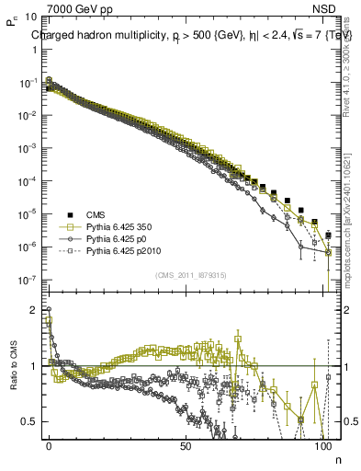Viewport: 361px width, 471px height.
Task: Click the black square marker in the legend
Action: (67, 211)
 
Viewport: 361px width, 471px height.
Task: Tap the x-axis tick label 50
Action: (186, 445)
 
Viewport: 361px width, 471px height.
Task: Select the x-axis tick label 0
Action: (49, 445)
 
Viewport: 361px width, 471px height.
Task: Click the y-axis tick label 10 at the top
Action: (31, 17)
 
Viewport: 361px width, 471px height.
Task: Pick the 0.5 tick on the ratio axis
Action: (29, 421)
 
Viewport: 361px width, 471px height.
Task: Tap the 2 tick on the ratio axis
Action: (33, 310)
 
